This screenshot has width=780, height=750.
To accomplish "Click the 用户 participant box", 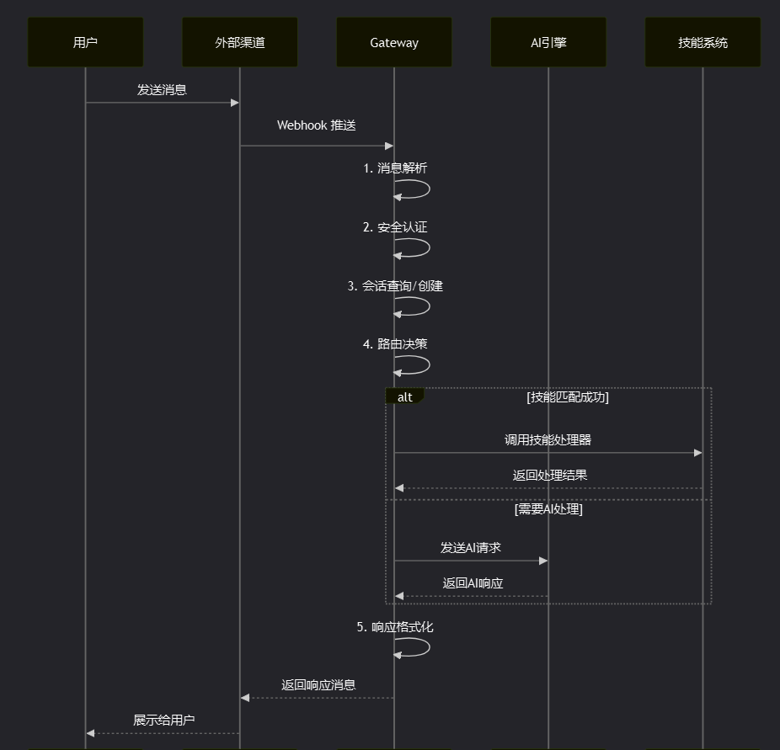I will (x=85, y=42).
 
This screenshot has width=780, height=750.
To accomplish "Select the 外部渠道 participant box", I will (x=240, y=42).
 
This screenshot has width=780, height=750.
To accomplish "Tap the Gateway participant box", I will (x=394, y=42).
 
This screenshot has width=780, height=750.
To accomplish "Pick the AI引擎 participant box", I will (x=548, y=42).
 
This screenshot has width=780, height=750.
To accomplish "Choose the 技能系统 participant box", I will (x=703, y=42).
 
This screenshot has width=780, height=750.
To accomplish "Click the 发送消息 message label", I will (x=162, y=89).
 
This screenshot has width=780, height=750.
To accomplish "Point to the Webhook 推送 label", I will (x=317, y=125).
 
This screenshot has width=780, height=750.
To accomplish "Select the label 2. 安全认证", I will (x=395, y=227).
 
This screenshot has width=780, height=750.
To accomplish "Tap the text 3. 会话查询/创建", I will (x=395, y=286).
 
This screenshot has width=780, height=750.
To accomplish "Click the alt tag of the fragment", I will (x=405, y=397).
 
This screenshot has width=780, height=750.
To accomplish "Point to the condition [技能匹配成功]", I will (x=567, y=397).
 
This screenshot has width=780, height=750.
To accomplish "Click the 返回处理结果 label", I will (x=550, y=476).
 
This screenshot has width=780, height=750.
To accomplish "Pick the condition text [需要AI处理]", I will (x=548, y=508).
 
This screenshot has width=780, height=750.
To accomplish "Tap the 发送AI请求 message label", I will (x=471, y=548).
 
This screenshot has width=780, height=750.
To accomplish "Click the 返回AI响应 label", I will (x=473, y=583).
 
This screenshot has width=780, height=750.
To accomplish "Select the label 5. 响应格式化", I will (x=395, y=627).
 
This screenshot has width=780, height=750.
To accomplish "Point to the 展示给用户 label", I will (x=163, y=721).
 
